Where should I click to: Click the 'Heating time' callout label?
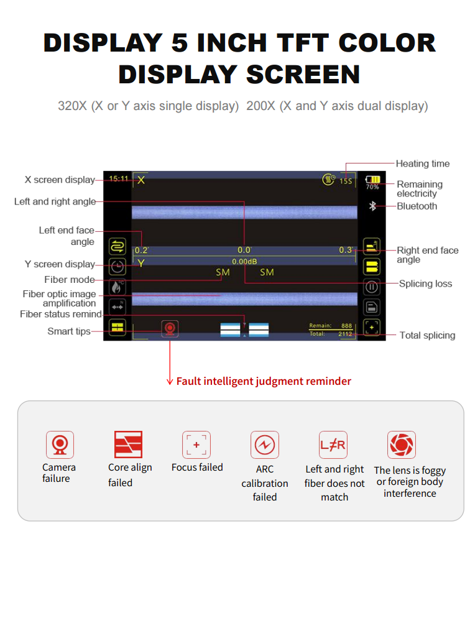click(422, 164)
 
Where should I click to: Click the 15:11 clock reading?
click(118, 178)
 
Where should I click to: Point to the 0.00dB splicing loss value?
click(244, 262)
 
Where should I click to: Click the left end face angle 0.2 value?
click(141, 250)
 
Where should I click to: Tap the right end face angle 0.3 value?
click(346, 250)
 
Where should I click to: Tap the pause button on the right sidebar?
click(372, 287)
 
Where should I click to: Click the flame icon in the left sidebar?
click(117, 287)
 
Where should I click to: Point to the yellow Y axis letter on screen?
click(141, 263)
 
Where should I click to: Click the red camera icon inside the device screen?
click(169, 328)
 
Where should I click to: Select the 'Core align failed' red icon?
click(128, 445)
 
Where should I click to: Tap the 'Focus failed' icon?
click(196, 445)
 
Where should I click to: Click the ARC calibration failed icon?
click(265, 445)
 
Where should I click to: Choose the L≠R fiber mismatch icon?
click(333, 445)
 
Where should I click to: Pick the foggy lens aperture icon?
click(401, 445)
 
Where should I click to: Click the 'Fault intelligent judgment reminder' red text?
click(264, 381)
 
